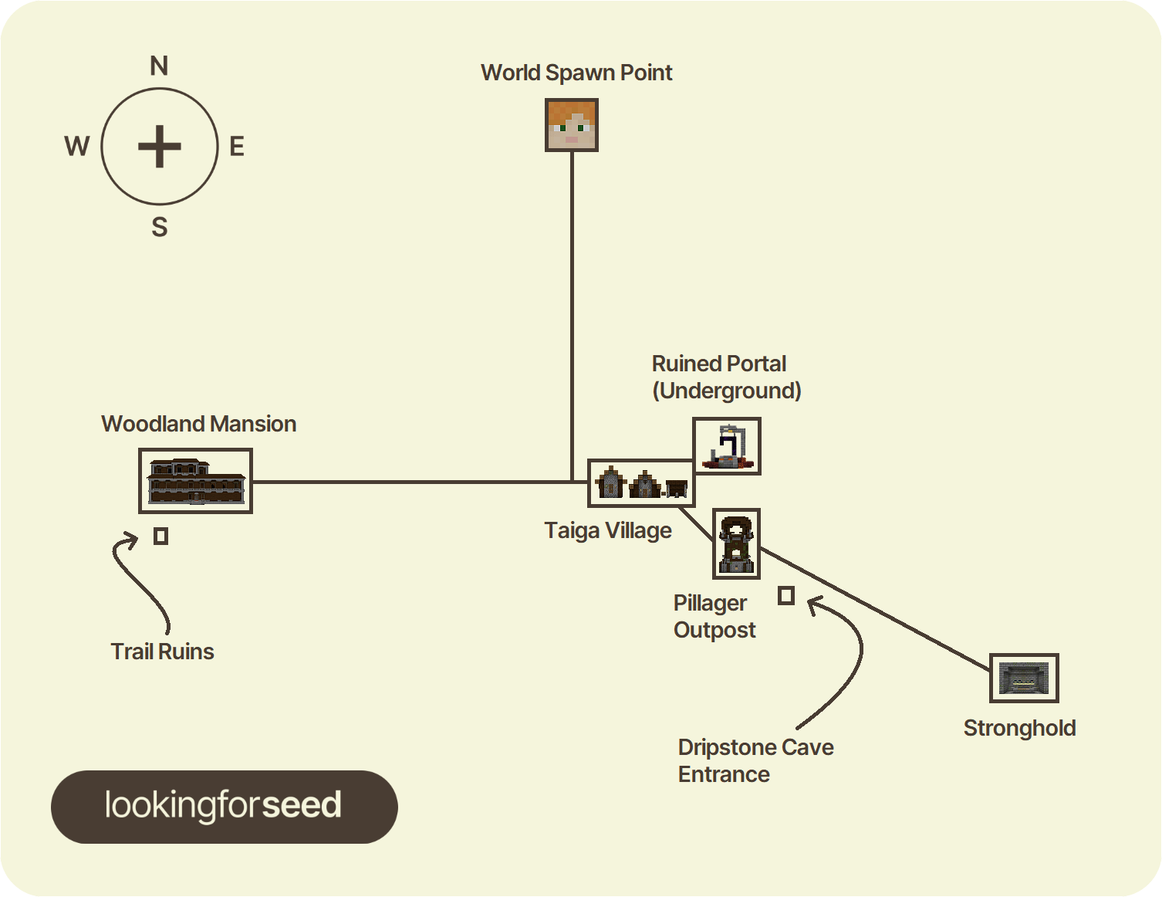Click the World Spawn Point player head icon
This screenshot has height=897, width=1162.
click(x=571, y=124)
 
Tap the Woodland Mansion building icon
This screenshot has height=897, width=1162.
click(x=195, y=481)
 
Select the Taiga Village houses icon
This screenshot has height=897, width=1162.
click(x=641, y=483)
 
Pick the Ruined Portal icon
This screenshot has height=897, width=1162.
click(x=727, y=446)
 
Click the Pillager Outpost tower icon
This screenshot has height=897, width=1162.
click(x=736, y=543)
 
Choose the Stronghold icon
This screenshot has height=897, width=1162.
click(x=1024, y=678)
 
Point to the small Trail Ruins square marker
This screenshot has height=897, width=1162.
click(x=161, y=536)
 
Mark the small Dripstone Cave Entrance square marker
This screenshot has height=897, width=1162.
click(x=786, y=595)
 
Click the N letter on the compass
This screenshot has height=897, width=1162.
click(x=159, y=66)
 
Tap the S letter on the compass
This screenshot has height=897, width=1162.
click(x=160, y=227)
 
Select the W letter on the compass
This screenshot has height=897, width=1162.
click(x=77, y=146)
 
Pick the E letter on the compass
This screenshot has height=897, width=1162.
click(x=237, y=147)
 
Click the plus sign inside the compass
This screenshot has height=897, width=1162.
click(x=160, y=146)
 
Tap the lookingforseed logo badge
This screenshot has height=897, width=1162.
click(x=225, y=807)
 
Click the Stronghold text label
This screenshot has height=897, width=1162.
click(x=1020, y=728)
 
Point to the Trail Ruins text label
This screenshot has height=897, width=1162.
click(x=162, y=652)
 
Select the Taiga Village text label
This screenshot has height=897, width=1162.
click(x=608, y=531)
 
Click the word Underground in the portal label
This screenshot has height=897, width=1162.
click(x=727, y=391)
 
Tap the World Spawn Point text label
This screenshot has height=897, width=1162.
click(x=576, y=73)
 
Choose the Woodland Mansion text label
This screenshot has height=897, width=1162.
click(x=199, y=424)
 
